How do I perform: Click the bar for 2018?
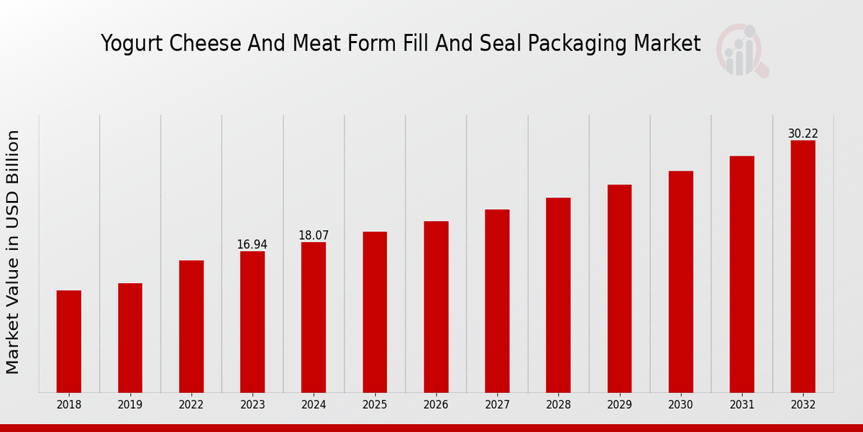tap(69, 341)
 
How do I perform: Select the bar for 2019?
tap(130, 338)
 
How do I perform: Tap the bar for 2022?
tap(191, 326)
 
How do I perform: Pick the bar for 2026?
tap(436, 307)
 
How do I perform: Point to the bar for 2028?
tap(558, 295)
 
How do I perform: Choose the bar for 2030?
tap(680, 282)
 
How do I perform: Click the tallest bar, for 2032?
tap(803, 266)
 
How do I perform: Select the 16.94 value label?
tap(252, 245)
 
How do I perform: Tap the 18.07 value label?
tap(314, 235)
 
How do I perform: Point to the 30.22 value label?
tap(803, 134)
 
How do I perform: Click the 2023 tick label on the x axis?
tap(252, 405)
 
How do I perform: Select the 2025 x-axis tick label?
tap(375, 405)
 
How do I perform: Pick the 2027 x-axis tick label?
tap(497, 405)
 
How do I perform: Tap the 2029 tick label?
tap(619, 405)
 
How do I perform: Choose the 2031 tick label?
tap(741, 405)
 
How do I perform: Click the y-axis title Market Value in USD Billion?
tap(13, 252)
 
